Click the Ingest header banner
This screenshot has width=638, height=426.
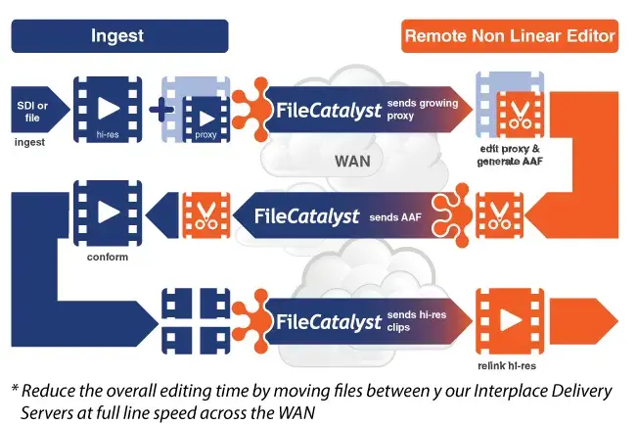click(118, 36)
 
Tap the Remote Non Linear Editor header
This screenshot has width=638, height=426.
click(509, 37)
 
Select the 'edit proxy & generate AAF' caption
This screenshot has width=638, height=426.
click(508, 155)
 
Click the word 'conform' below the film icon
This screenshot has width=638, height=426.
click(107, 258)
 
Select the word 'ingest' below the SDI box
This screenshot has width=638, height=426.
click(30, 144)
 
